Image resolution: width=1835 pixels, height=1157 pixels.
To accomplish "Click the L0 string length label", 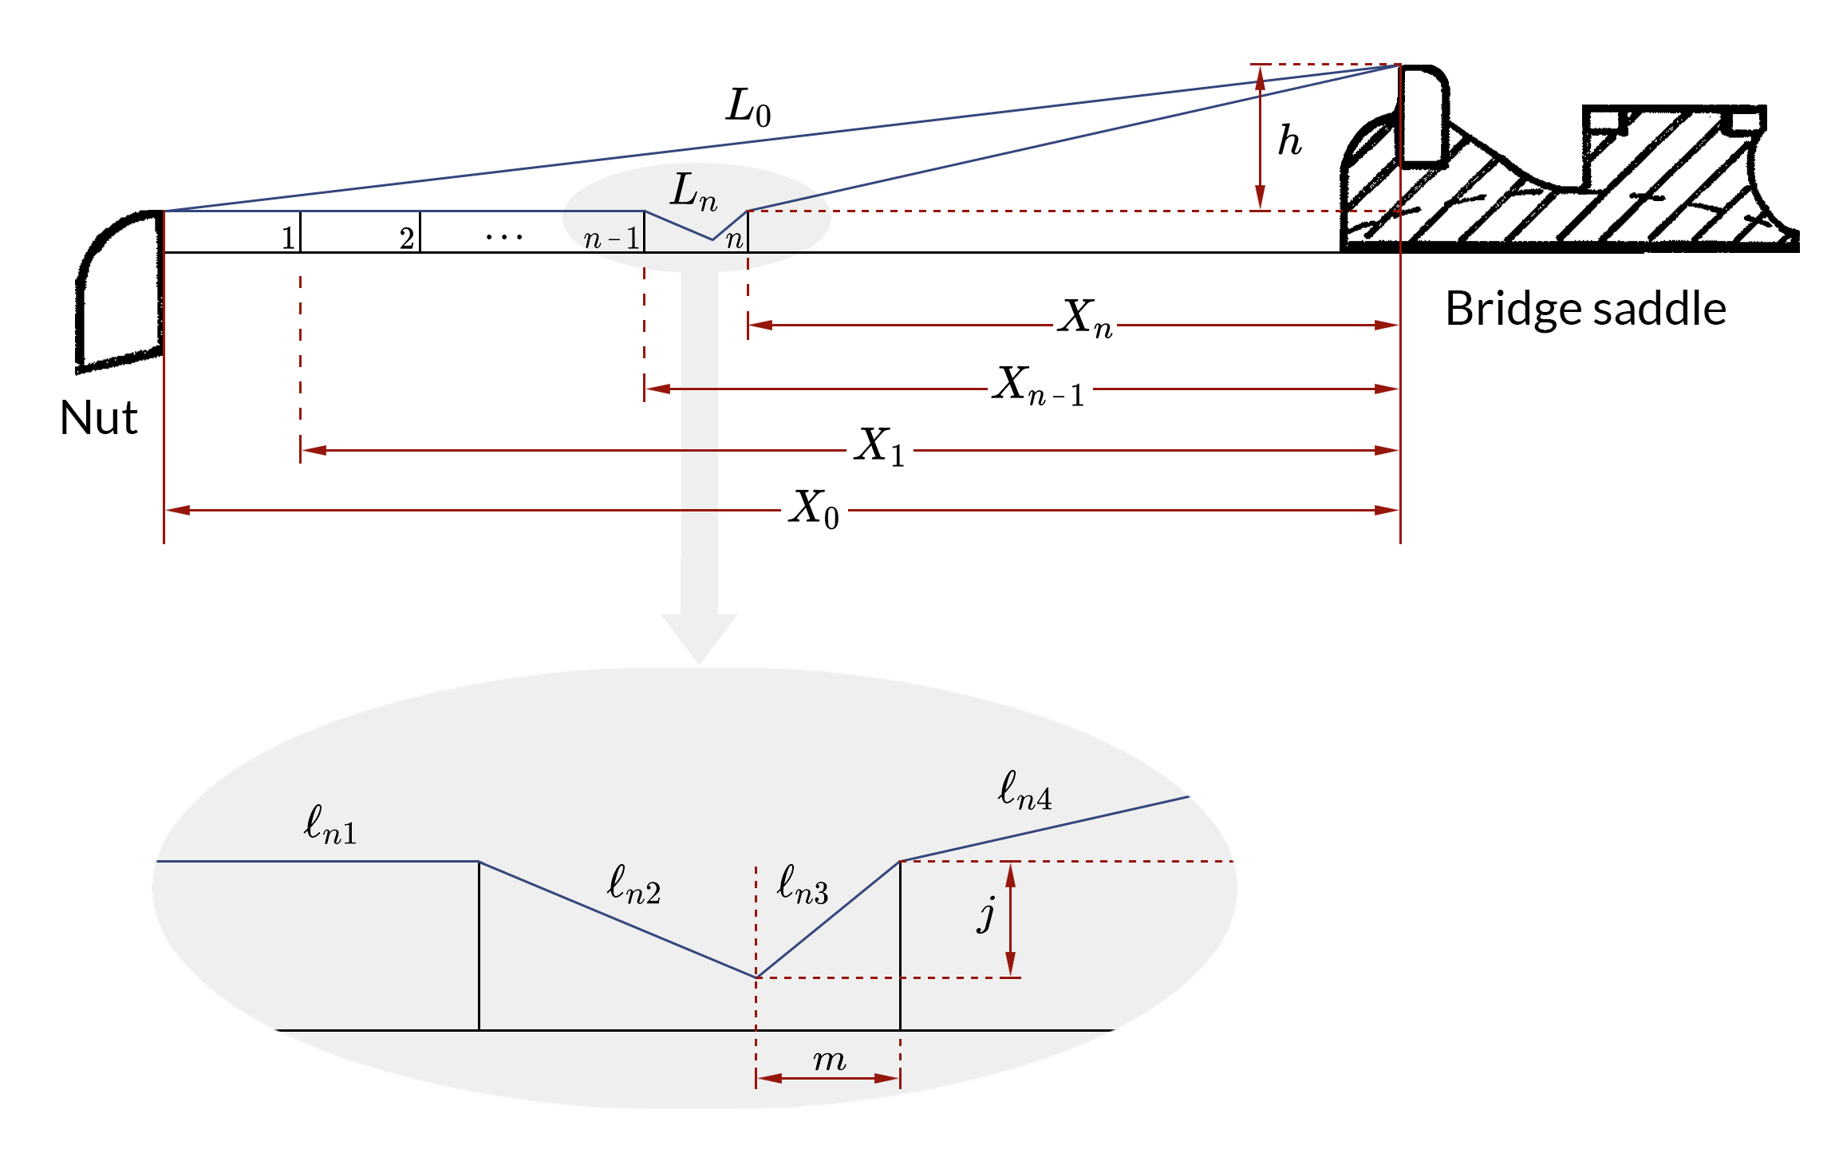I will click(x=748, y=108).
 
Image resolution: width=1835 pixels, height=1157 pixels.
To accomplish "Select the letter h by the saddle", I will click(x=1289, y=141).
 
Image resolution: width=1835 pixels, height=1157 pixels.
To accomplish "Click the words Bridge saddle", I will click(x=1585, y=310).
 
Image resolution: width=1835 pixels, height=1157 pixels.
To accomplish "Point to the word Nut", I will click(x=99, y=418).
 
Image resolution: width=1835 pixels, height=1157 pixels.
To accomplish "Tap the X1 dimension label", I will click(x=879, y=447).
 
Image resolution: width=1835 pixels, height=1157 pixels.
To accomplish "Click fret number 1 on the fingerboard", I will click(x=288, y=238).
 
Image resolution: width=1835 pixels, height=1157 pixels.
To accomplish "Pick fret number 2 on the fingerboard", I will click(x=407, y=238).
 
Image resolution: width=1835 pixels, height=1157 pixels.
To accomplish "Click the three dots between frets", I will click(x=504, y=237).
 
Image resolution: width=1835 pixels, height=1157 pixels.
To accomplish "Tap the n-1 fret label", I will click(x=611, y=238).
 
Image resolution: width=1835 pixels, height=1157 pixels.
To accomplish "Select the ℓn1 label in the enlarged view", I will click(x=330, y=825).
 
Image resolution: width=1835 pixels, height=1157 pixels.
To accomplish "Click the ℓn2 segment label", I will click(x=633, y=885).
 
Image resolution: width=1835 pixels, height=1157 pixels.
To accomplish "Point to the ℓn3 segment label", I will click(x=803, y=885).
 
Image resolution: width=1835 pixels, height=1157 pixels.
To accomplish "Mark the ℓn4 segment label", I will click(x=1024, y=791).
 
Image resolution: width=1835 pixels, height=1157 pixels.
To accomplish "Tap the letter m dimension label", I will click(x=829, y=1060).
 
